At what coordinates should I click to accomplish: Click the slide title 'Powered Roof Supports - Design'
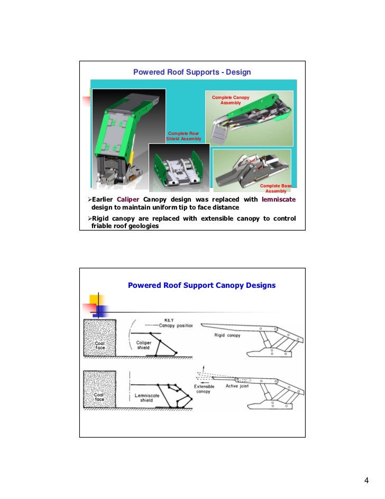coord(192,72)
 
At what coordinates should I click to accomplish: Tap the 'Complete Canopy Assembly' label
coord(230,100)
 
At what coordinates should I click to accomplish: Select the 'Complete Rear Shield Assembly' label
coord(184,136)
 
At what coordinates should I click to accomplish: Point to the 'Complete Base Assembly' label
coord(276,188)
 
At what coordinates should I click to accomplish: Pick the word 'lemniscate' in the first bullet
coord(279,199)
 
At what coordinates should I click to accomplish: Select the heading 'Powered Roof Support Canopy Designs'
coord(201,285)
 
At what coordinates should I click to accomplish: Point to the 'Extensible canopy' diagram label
coord(204,389)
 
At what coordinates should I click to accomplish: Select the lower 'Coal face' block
coord(100,391)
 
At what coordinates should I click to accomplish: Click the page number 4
coord(366,480)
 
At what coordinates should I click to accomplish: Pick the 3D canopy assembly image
coord(254,119)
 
